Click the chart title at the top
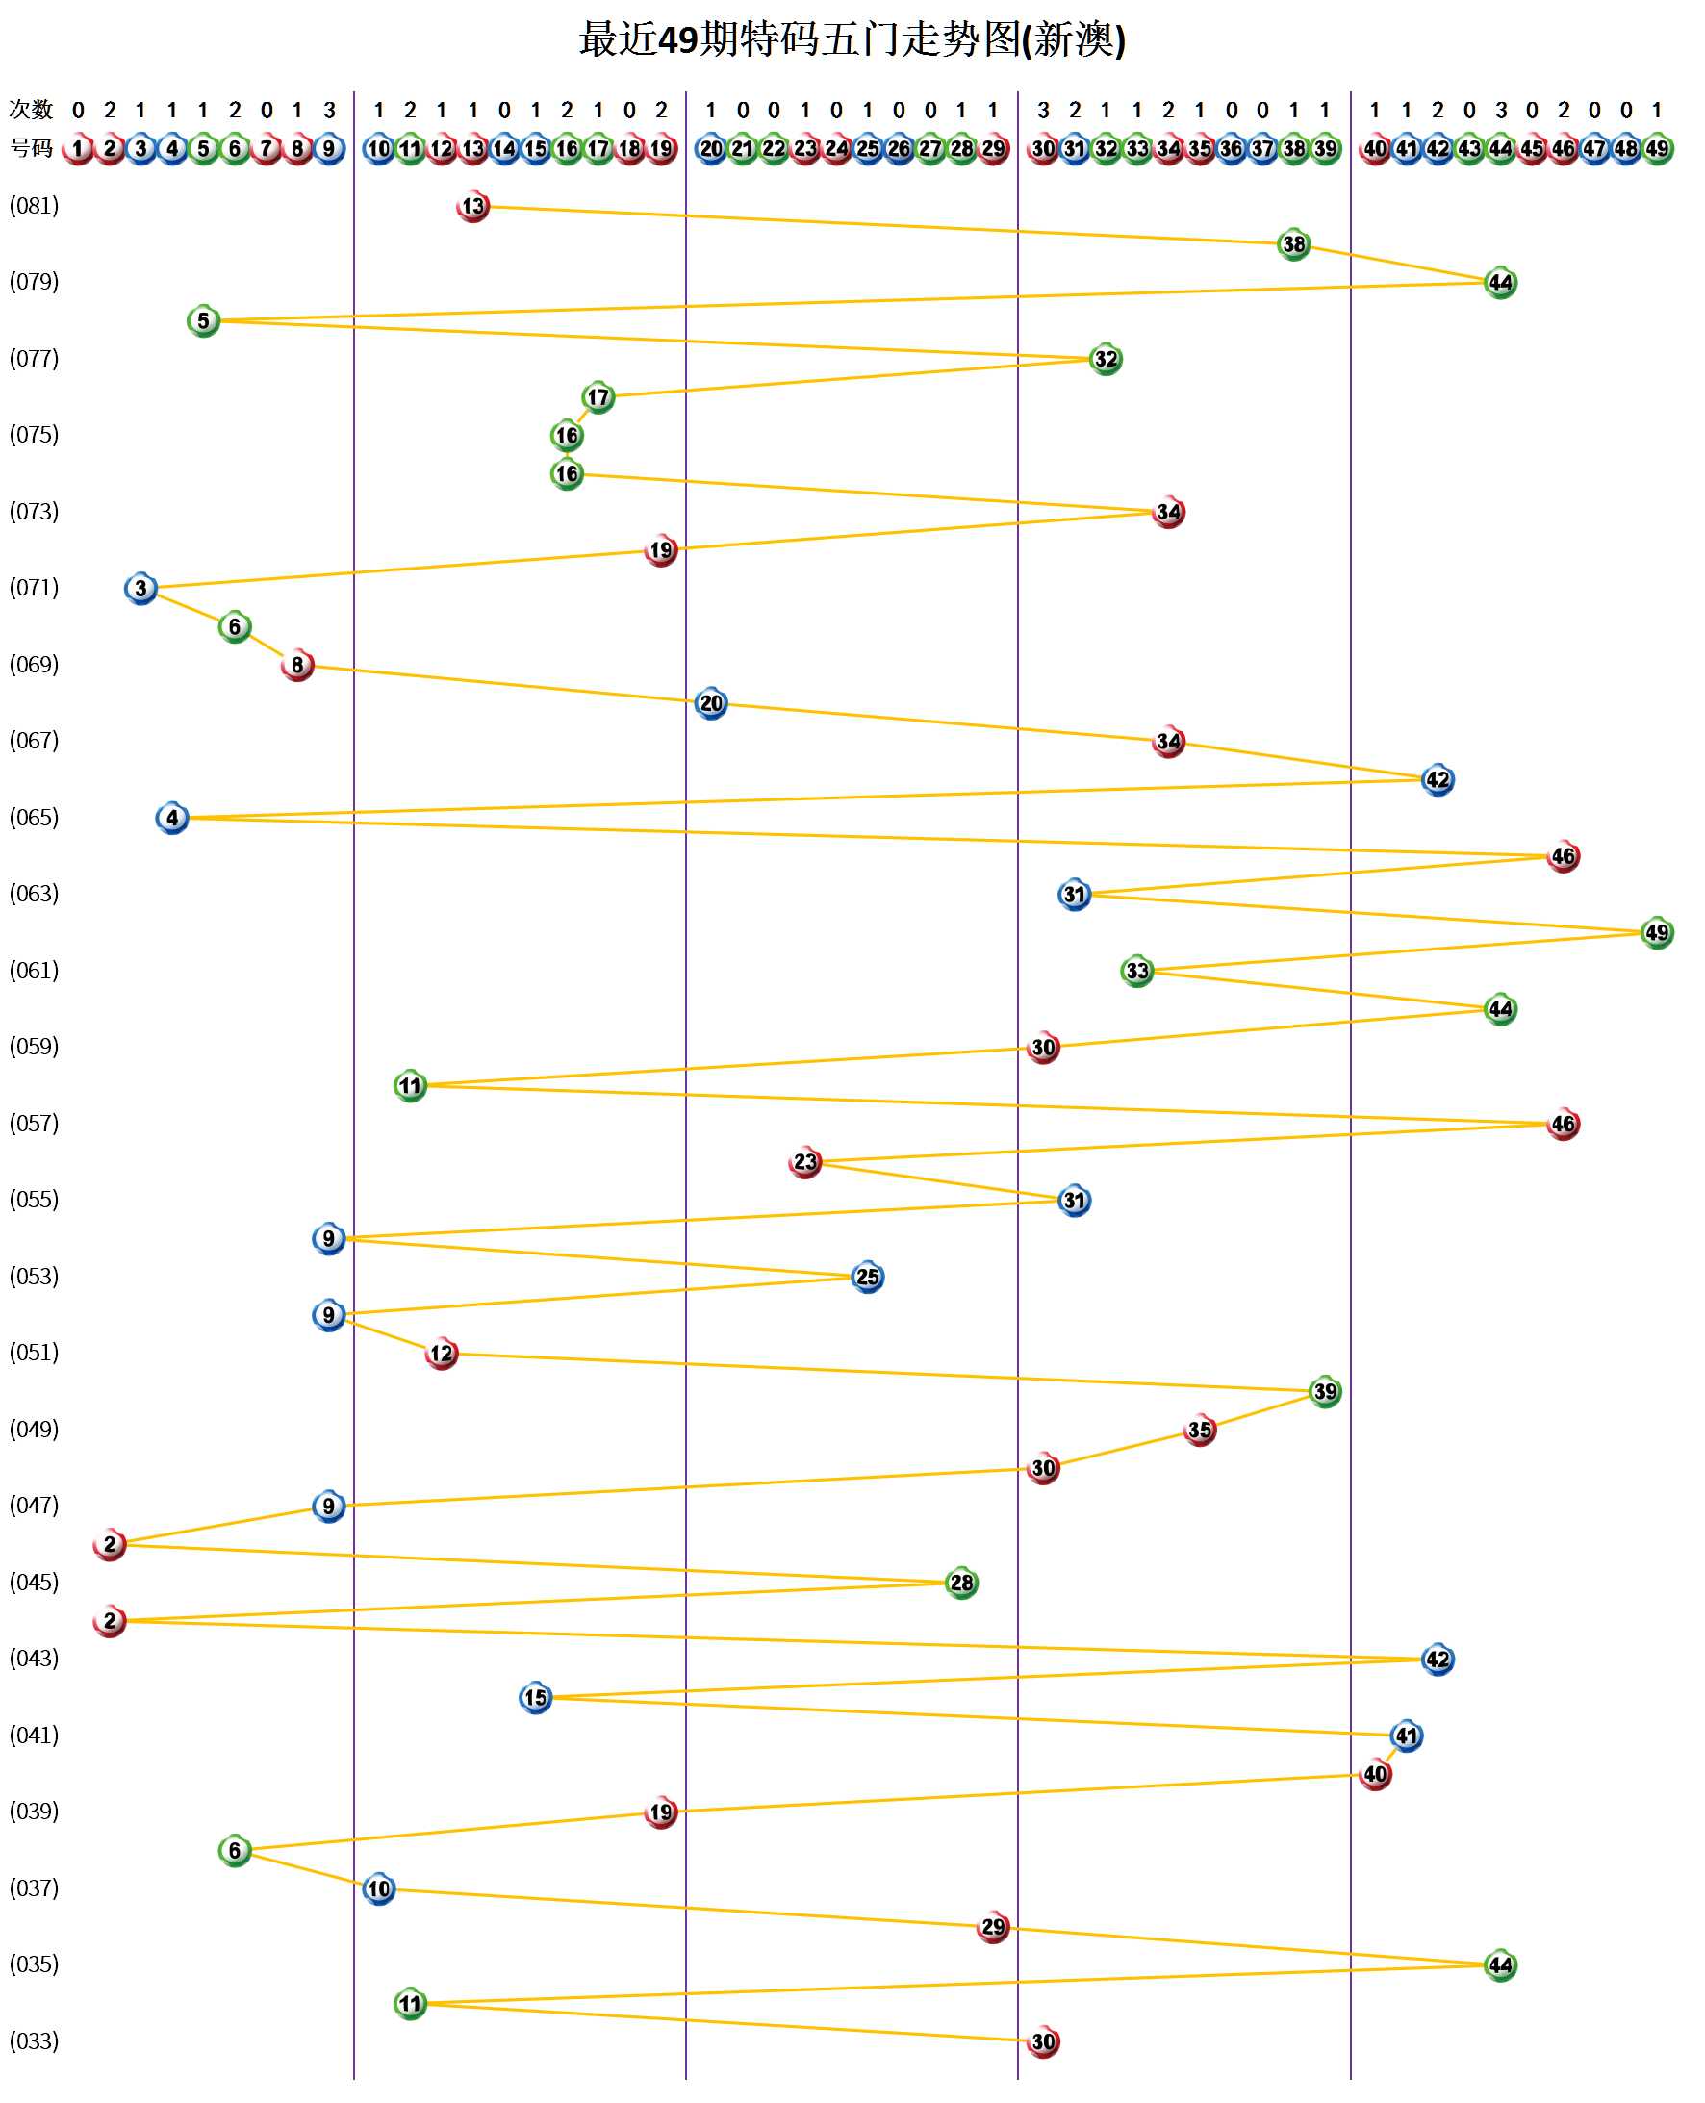point(852,39)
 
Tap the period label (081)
point(35,205)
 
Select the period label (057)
point(35,1122)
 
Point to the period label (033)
point(35,2040)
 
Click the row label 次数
point(31,109)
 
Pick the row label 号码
point(31,148)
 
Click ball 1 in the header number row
point(78,149)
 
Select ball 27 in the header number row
point(930,149)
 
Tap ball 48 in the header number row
point(1625,149)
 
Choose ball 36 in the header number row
point(1231,149)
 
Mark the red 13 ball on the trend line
point(473,206)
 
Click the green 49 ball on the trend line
point(1657,931)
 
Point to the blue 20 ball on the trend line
point(711,703)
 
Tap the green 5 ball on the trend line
point(203,320)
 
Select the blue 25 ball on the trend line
point(867,1277)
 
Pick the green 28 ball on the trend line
point(961,1583)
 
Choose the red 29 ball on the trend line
point(993,1926)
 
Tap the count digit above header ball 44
point(1501,110)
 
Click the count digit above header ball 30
point(1043,110)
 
